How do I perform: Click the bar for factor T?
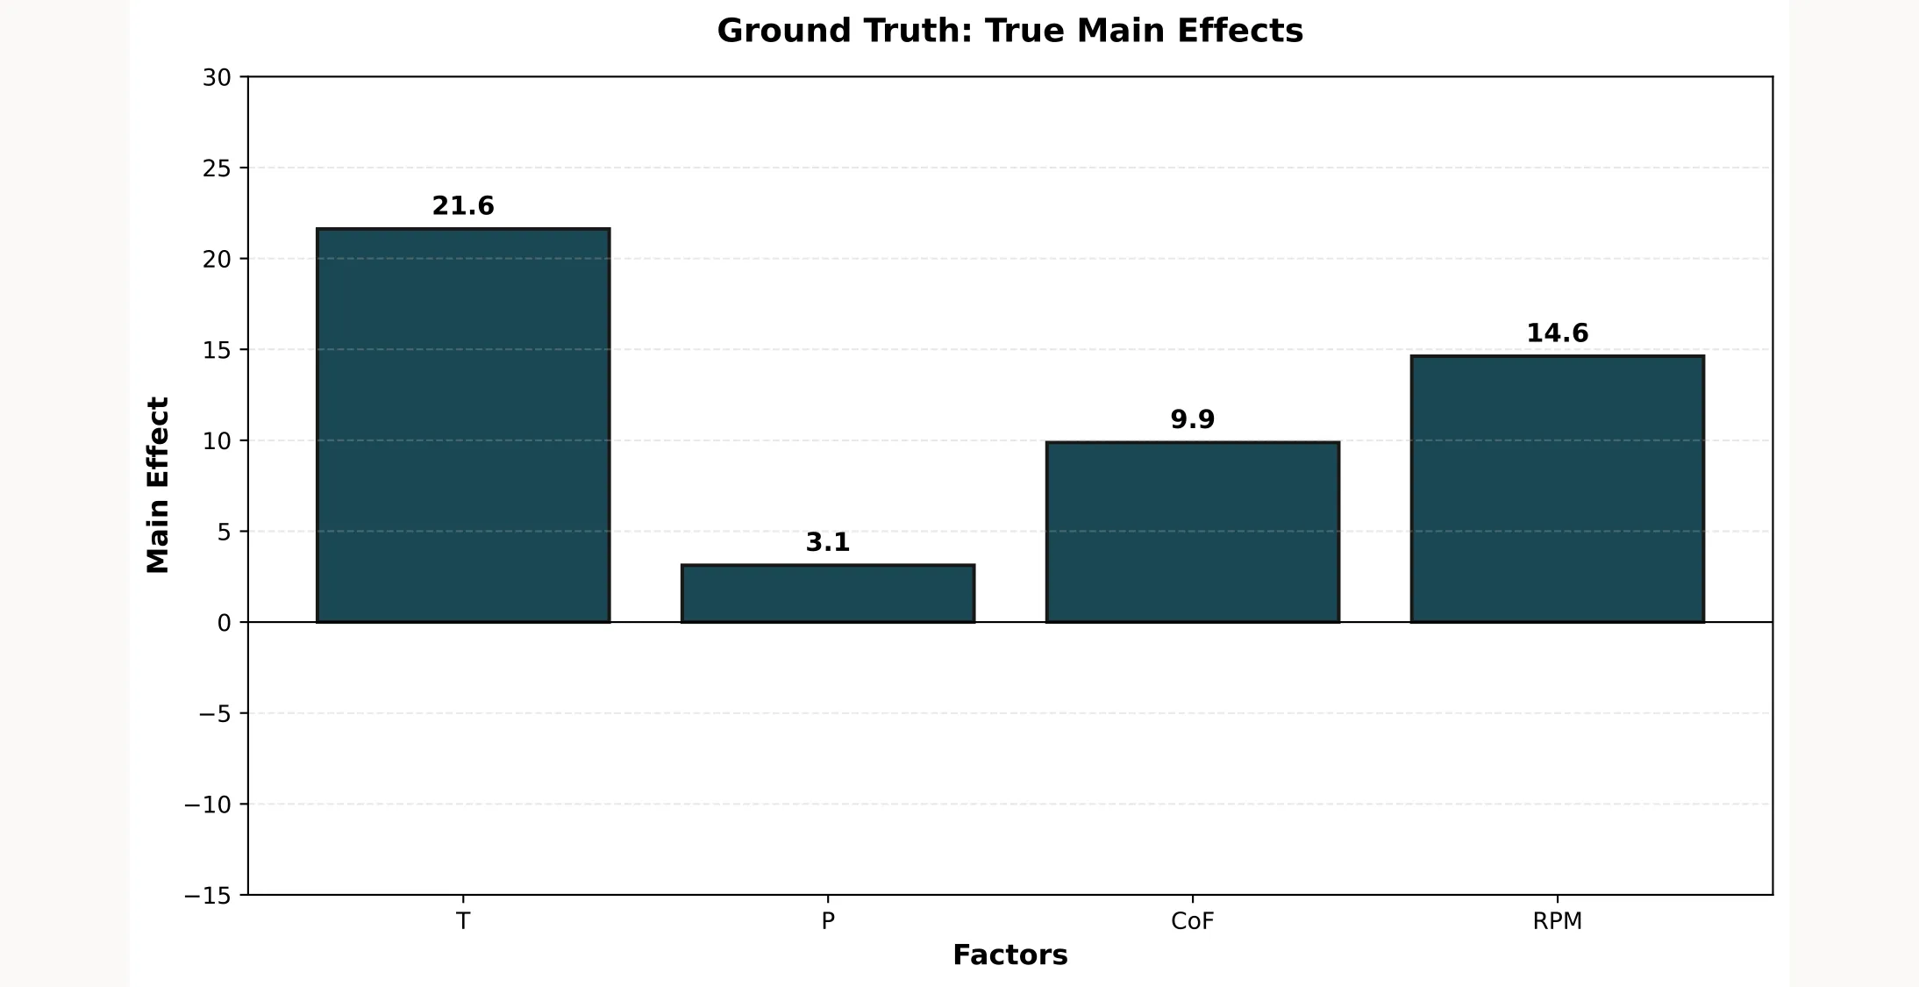463,426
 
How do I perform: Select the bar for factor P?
828,594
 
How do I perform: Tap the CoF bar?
1192,533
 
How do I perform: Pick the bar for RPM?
1557,489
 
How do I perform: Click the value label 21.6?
463,206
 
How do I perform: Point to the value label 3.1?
828,543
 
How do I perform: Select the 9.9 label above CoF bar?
1192,419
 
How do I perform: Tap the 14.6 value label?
1557,333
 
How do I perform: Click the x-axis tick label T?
463,921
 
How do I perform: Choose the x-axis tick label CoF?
1192,921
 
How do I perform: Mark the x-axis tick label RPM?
1557,921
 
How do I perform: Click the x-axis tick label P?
828,921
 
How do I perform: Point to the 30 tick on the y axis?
217,78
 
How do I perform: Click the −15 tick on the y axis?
208,896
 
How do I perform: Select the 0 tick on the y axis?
224,624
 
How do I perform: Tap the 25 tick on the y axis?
217,168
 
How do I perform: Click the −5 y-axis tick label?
214,714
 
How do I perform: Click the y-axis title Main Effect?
158,485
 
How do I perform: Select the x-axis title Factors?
1009,955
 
